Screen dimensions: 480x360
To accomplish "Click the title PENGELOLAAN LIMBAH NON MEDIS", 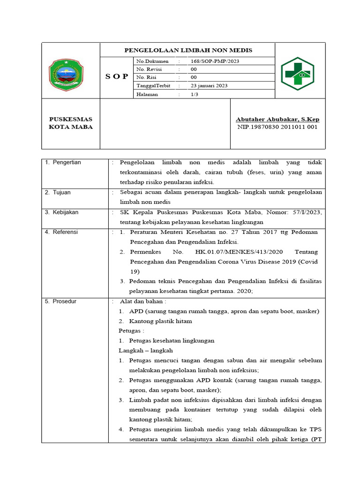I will pyautogui.click(x=187, y=50).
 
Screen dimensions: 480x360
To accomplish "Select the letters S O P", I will pyautogui.click(x=117, y=76).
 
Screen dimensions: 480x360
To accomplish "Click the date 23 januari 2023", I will pyautogui.click(x=209, y=86).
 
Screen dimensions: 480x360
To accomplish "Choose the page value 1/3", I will pyautogui.click(x=194, y=94).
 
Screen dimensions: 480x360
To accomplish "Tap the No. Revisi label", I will pyautogui.click(x=149, y=69).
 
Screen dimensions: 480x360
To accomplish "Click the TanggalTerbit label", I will pyautogui.click(x=153, y=86).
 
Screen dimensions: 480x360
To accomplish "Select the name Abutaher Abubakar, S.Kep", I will pyautogui.click(x=277, y=120).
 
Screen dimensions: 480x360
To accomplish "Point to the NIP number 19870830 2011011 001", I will pyautogui.click(x=277, y=127).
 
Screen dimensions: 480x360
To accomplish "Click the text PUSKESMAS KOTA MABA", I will pyautogui.click(x=71, y=123).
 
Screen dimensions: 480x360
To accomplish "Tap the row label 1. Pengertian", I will pyautogui.click(x=63, y=163).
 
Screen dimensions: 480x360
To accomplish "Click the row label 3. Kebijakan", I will pyautogui.click(x=62, y=212).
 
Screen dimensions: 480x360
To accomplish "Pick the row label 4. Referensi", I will pyautogui.click(x=61, y=232).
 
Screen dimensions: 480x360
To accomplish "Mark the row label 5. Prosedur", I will pyautogui.click(x=60, y=301).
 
